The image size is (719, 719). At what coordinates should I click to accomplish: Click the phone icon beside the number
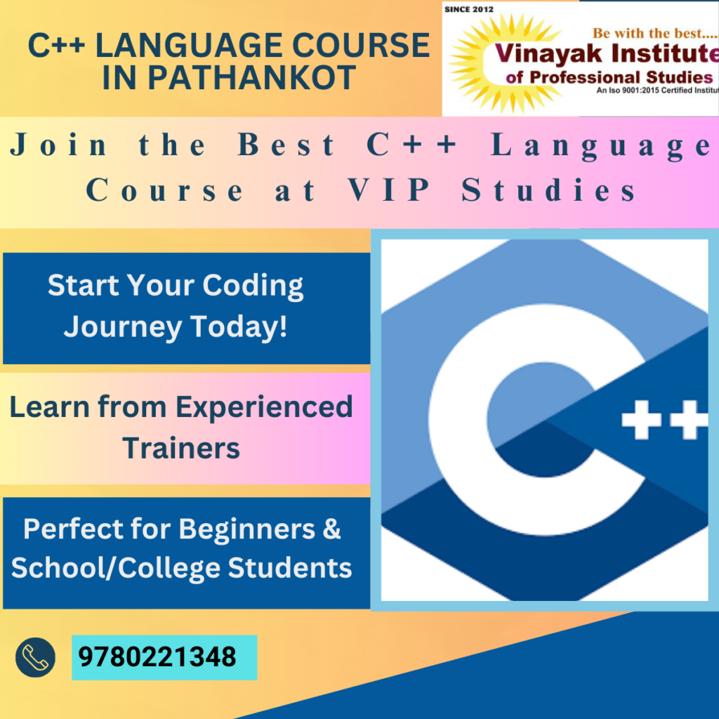pyautogui.click(x=35, y=657)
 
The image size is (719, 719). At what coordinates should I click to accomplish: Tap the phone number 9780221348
pyautogui.click(x=157, y=657)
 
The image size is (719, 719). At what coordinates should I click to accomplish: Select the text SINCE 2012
pyautogui.click(x=468, y=9)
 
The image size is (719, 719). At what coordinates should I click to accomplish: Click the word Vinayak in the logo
pyautogui.click(x=548, y=54)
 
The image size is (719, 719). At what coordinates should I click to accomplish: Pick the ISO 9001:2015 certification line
pyautogui.click(x=657, y=91)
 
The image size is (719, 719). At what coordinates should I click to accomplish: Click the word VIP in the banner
pyautogui.click(x=389, y=190)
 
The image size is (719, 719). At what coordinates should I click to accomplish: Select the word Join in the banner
pyautogui.click(x=58, y=145)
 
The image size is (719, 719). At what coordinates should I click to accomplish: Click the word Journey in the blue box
pyautogui.click(x=123, y=327)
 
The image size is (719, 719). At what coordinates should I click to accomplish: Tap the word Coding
pyautogui.click(x=253, y=286)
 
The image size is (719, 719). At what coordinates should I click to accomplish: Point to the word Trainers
pyautogui.click(x=181, y=448)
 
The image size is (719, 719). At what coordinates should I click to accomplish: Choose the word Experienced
pyautogui.click(x=264, y=407)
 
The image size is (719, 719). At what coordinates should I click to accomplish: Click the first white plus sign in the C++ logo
pyautogui.click(x=642, y=420)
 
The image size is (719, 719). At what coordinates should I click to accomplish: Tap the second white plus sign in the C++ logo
pyautogui.click(x=689, y=420)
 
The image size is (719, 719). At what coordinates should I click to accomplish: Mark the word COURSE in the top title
pyautogui.click(x=361, y=46)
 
